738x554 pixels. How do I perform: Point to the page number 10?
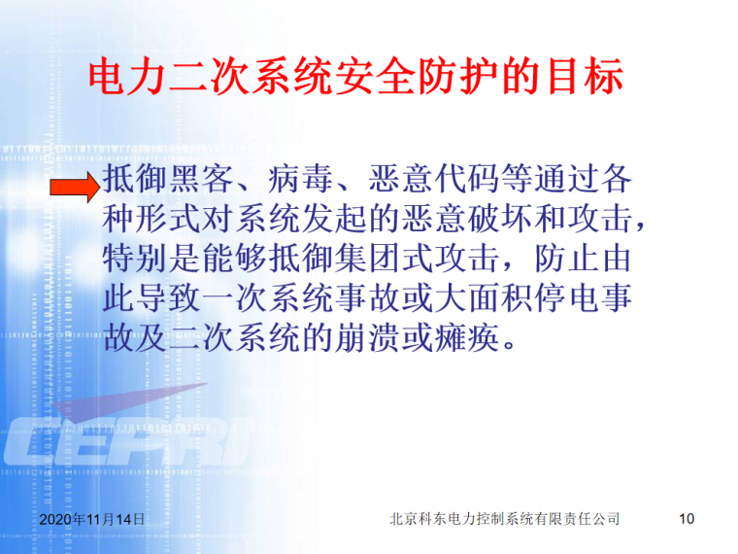[x=687, y=519]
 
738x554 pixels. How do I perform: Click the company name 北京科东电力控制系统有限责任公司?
[x=504, y=519]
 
